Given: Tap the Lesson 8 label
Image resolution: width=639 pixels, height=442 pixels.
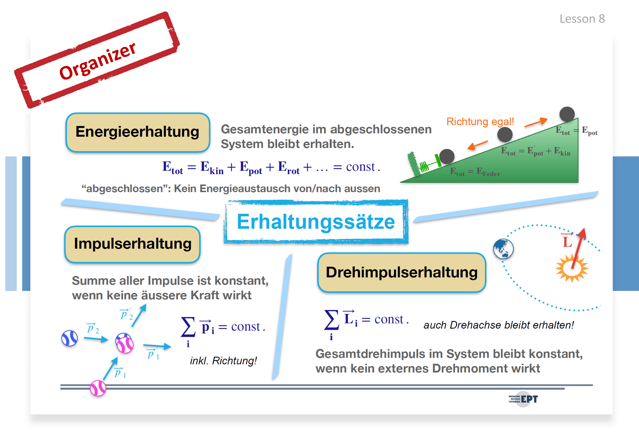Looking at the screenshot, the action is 582,19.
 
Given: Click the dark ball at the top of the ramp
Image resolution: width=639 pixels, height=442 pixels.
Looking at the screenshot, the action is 567,114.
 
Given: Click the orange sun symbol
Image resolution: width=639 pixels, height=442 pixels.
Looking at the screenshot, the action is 572,268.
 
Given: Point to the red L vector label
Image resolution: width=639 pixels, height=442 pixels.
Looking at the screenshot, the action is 567,240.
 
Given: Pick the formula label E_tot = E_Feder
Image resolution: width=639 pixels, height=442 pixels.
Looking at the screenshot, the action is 475,172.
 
